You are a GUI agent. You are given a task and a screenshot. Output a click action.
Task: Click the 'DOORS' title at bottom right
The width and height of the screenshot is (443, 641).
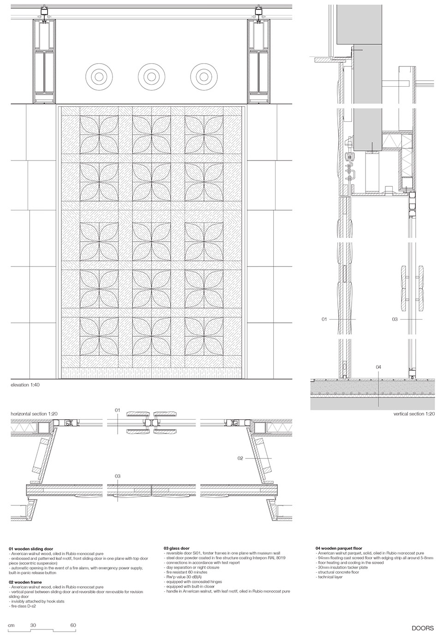423,628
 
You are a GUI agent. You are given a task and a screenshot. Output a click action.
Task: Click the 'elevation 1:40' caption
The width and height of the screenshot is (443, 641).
27,384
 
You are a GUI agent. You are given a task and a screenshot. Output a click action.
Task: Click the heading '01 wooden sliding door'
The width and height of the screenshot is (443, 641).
31,549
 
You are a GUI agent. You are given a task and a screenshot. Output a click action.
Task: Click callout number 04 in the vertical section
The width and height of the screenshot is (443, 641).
378,367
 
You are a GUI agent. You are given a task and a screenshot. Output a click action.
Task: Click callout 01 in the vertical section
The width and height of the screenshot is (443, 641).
324,319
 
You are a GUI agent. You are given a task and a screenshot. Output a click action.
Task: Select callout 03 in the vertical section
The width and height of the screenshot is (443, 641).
395,319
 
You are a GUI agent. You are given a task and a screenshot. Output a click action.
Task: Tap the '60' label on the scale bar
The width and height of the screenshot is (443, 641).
73,626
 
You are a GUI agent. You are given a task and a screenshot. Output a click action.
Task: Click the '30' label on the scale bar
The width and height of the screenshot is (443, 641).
34,626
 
